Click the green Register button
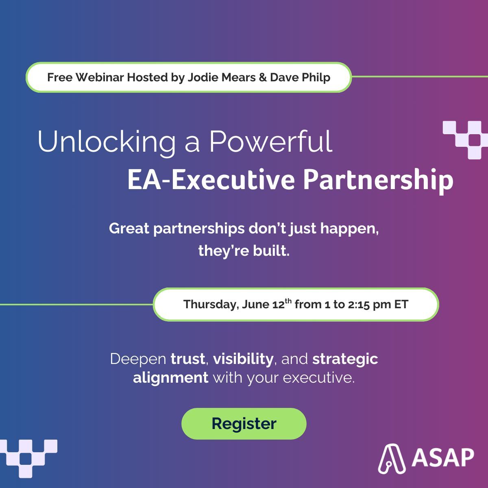[244, 424]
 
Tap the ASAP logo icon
[392, 459]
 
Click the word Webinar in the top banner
[100, 77]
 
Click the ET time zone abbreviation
[401, 305]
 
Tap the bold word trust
[187, 359]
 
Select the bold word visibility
[243, 359]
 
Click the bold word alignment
[170, 378]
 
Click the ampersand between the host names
[263, 77]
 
